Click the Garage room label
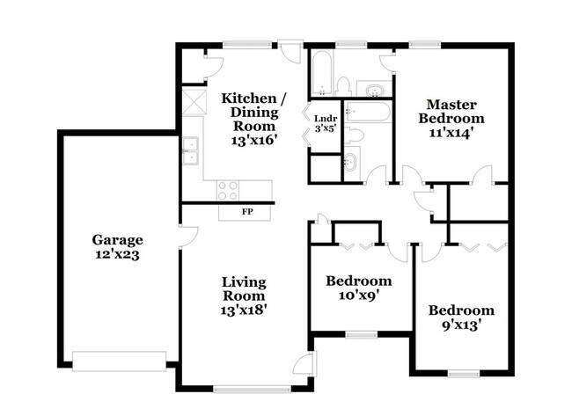point(117,246)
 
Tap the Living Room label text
point(244,295)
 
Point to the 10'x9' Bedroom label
point(358,288)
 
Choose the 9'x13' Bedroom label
point(461,317)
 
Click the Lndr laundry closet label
point(326,123)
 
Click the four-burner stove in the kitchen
point(228,190)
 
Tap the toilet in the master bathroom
point(344,86)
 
